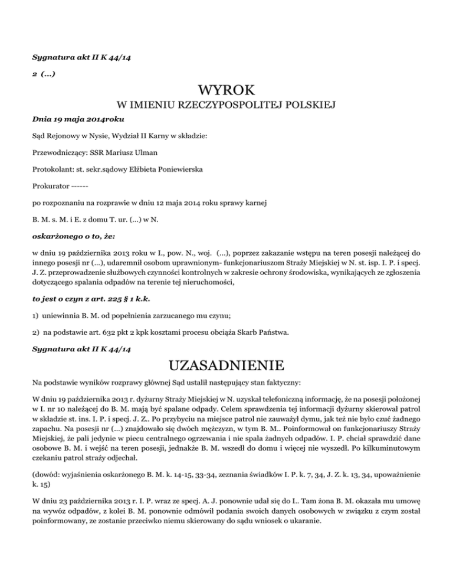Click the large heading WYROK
pyautogui.click(x=226, y=91)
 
